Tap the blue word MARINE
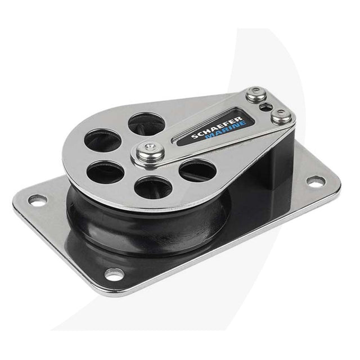(226, 131)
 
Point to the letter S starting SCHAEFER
(195, 137)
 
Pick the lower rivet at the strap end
(281, 116)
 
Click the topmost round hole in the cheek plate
(146, 124)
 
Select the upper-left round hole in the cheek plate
(103, 141)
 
